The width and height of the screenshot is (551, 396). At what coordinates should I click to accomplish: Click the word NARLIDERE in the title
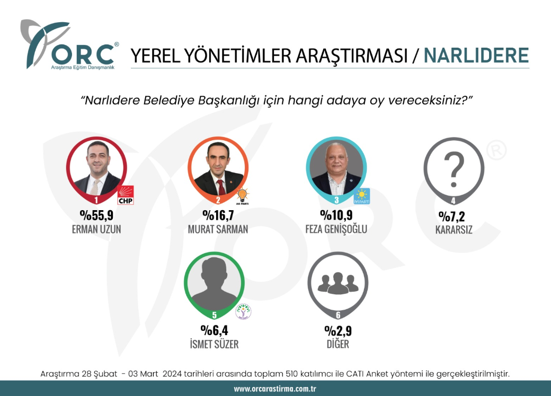click(476, 56)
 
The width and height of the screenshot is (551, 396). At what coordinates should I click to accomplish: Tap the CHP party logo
click(126, 195)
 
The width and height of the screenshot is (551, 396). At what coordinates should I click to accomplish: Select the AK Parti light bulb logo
click(243, 196)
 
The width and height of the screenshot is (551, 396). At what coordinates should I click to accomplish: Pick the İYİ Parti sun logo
click(361, 196)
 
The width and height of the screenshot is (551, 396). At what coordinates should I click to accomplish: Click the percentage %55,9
click(96, 215)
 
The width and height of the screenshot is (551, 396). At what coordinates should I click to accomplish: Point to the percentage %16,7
click(218, 215)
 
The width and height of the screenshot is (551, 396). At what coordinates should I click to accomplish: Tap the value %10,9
click(336, 215)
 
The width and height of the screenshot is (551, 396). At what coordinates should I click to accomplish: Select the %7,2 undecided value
click(452, 216)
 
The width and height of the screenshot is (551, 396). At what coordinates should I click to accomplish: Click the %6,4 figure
click(215, 330)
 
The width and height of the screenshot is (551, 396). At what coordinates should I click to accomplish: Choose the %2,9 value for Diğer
click(338, 331)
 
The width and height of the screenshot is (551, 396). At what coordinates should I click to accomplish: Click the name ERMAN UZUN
click(96, 229)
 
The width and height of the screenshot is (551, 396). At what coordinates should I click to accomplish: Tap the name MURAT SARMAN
click(218, 229)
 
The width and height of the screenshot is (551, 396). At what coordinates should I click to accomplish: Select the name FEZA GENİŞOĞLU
click(336, 229)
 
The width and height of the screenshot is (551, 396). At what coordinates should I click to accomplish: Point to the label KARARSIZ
click(454, 230)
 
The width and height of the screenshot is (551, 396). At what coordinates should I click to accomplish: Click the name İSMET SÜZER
click(215, 344)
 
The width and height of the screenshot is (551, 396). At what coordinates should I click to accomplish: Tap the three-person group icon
click(338, 283)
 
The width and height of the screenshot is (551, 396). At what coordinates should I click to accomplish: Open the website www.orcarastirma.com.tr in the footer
click(275, 389)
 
